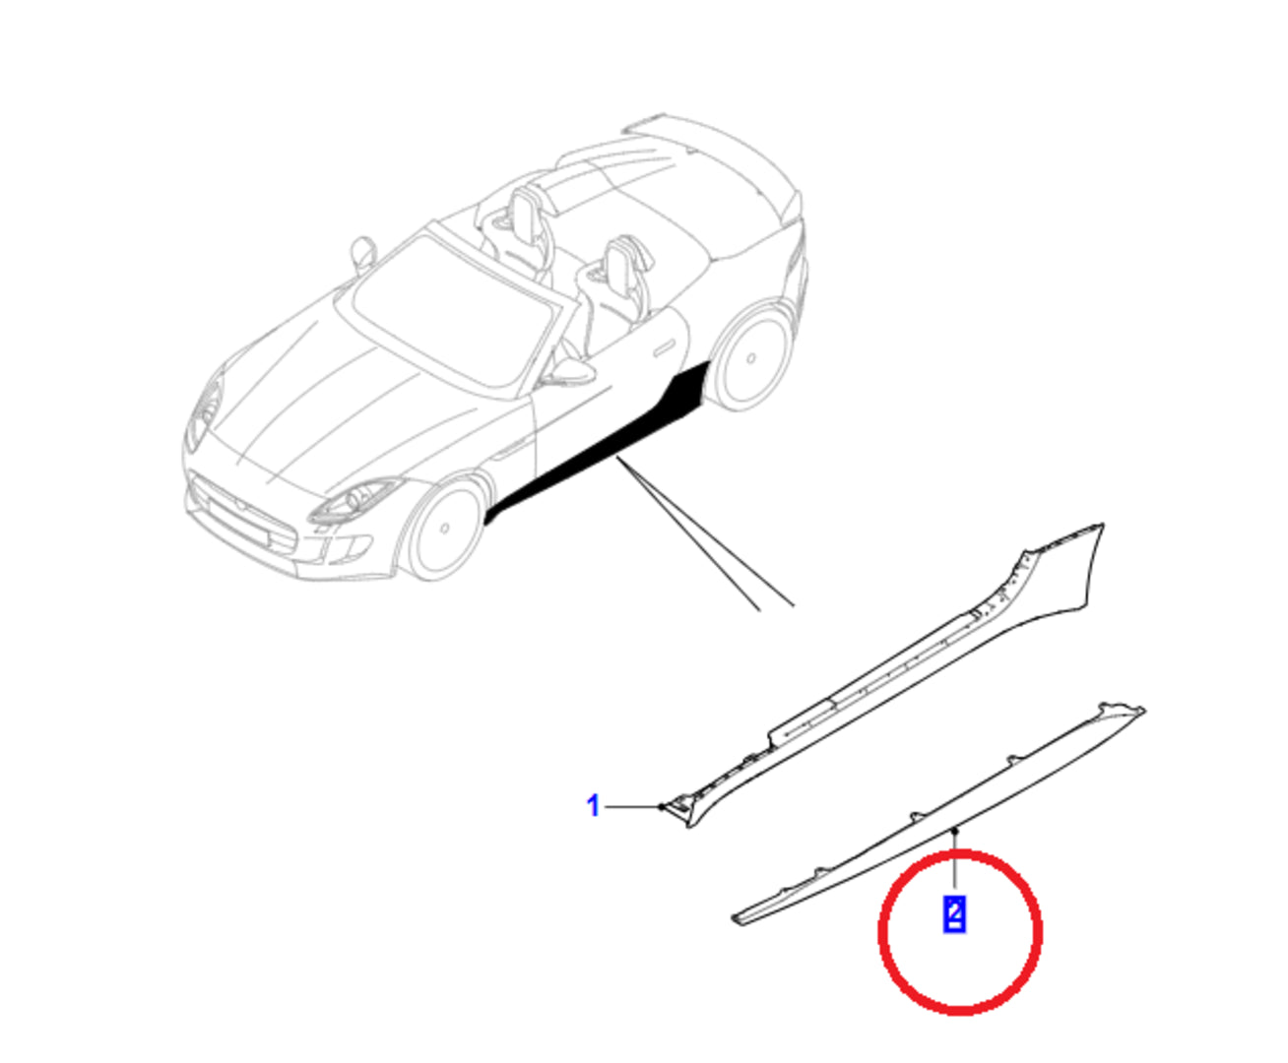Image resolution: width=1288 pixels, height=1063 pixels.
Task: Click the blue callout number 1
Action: click(593, 806)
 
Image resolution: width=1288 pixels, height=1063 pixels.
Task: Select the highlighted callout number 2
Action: click(953, 913)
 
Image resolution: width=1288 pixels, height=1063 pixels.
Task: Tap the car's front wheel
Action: click(443, 529)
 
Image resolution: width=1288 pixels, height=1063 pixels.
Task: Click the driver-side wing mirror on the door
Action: click(570, 372)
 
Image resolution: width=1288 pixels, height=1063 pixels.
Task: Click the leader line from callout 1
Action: click(633, 806)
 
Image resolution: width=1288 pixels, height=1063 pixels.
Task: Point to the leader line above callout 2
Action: click(955, 858)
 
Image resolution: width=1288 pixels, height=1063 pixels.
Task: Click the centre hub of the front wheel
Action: click(445, 529)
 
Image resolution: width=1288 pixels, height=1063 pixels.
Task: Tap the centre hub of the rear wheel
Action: click(750, 358)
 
